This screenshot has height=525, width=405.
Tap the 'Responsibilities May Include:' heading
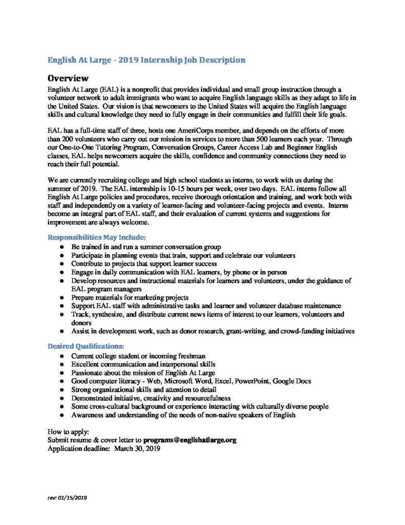click(x=97, y=237)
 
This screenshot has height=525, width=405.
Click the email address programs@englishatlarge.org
click(x=190, y=440)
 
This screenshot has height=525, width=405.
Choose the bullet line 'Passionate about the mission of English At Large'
click(x=143, y=373)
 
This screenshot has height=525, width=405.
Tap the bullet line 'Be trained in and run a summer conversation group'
click(x=146, y=247)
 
